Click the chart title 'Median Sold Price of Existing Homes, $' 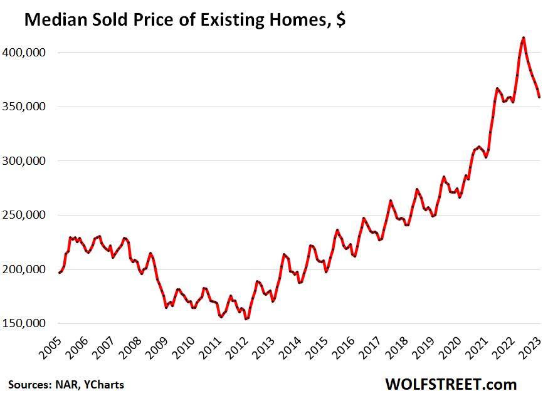[185, 20]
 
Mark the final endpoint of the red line [539, 96]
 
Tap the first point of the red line [60, 273]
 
